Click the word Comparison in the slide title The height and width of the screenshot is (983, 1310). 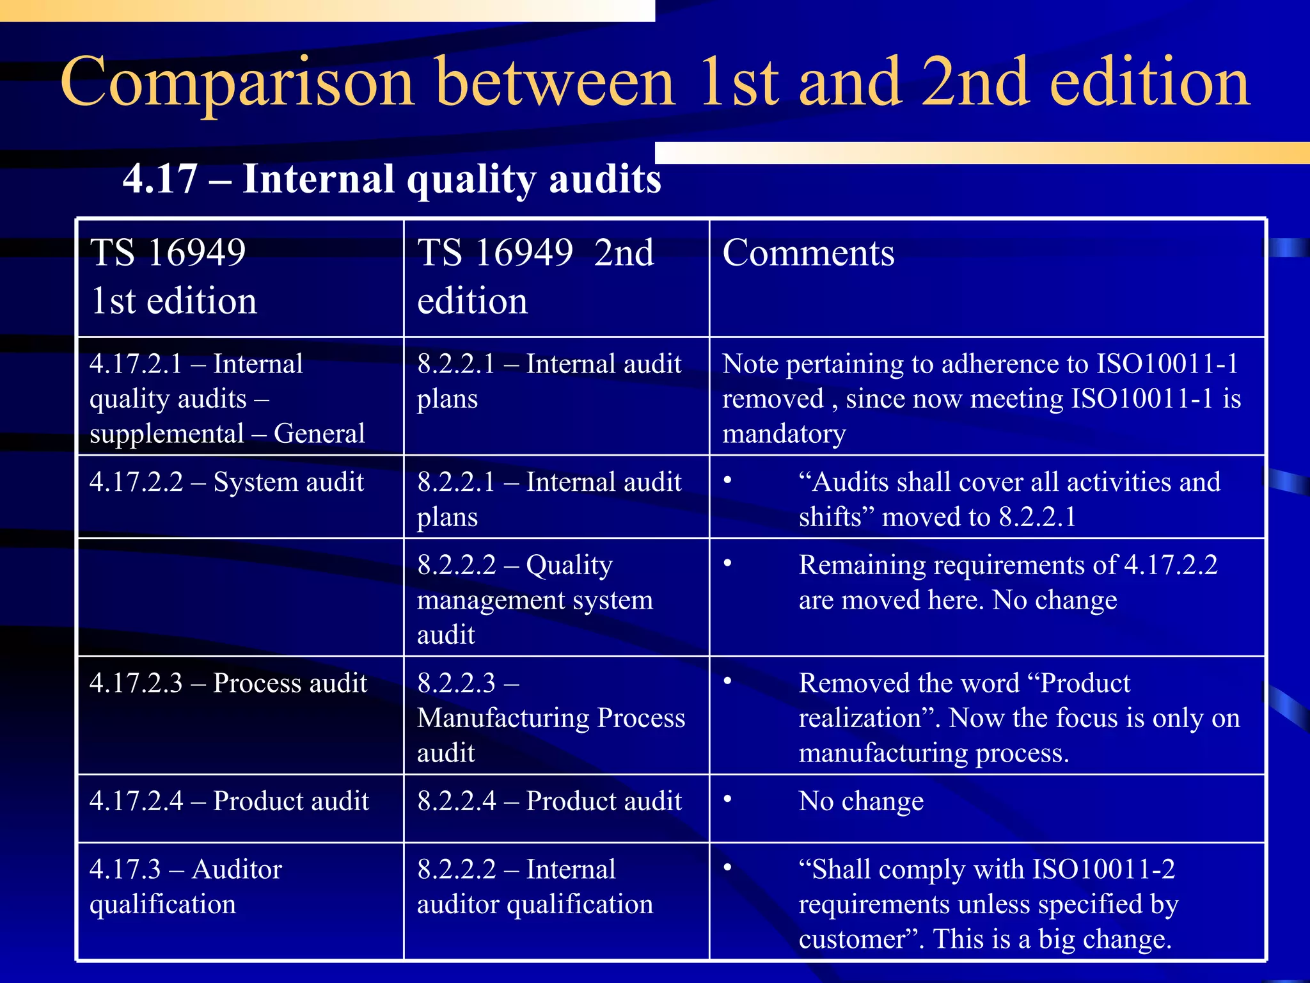coord(237,83)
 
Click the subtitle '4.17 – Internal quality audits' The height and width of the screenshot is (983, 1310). coord(391,179)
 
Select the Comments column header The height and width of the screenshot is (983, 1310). coord(808,253)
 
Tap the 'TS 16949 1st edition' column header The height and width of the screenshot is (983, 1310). coord(173,276)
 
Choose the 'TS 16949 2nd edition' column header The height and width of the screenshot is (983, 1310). coord(535,276)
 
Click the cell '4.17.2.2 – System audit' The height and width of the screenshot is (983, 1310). coord(226,482)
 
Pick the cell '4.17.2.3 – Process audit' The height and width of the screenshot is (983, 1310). coord(228,683)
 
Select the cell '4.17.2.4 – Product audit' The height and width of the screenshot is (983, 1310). coord(229,801)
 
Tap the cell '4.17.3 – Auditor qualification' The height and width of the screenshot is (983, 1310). coord(185,886)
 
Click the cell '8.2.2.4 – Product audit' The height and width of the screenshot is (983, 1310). coord(549,801)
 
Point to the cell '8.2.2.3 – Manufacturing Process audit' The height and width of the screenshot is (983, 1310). coord(551,717)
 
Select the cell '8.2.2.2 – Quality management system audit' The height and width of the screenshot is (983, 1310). coord(535,600)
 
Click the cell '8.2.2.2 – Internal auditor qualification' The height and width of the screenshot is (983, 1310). coord(535,886)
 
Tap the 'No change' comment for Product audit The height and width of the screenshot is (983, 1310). coord(861,801)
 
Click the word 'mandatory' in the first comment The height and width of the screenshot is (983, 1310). coord(784,434)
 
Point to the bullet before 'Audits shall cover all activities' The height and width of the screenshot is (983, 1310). coord(727,481)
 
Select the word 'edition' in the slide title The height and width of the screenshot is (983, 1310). coord(1150,83)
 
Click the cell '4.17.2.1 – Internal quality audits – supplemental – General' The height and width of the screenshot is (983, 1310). coord(227,399)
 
